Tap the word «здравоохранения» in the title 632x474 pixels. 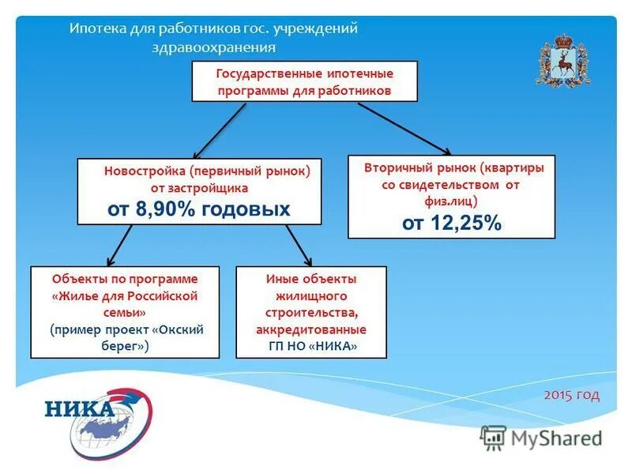213,47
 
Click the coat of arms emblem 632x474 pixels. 564,61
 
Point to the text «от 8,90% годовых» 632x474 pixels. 199,209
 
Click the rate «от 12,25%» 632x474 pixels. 451,224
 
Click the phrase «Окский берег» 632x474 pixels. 154,337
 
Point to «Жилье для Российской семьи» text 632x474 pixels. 125,304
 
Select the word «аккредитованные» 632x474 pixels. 311,329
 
